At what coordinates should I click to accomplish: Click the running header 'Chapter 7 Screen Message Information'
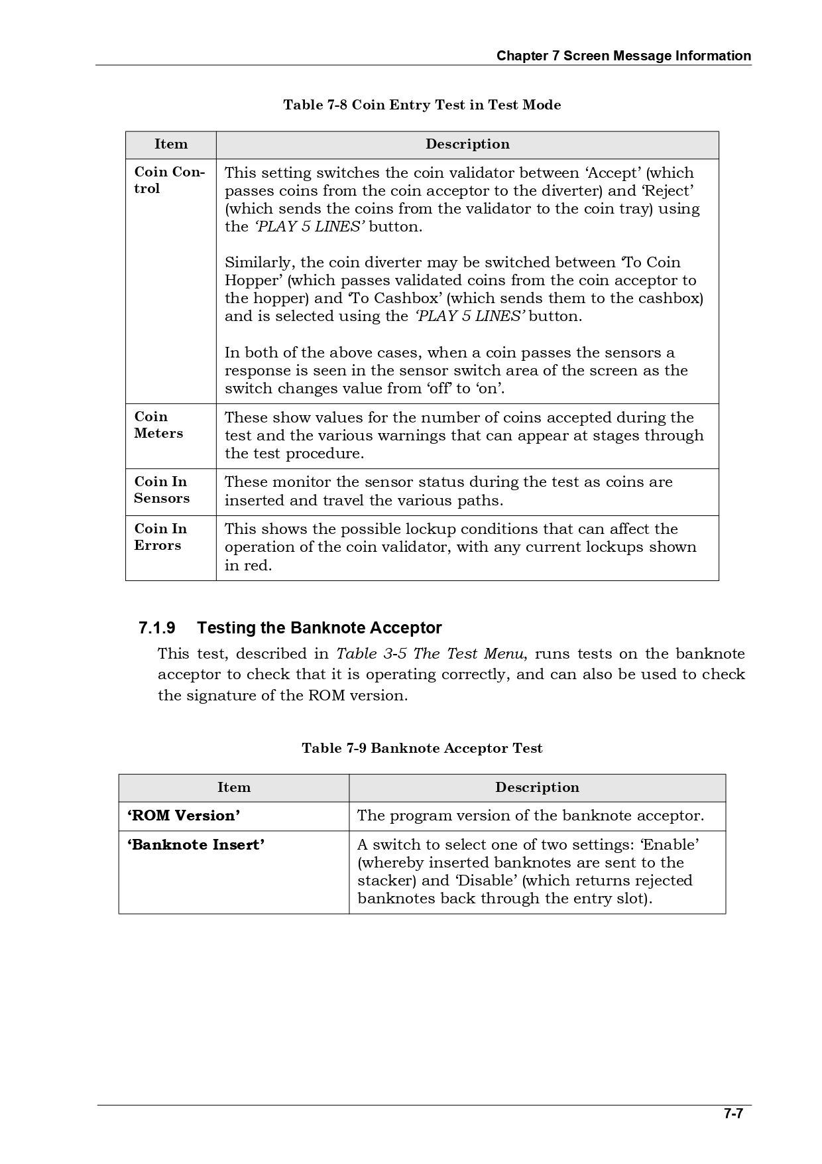point(624,56)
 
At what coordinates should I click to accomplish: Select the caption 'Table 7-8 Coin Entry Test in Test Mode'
point(422,105)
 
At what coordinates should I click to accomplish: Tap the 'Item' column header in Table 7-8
point(171,145)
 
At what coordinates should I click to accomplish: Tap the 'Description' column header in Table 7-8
point(467,145)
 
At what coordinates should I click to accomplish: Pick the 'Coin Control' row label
point(169,180)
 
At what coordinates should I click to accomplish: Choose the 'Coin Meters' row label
point(158,425)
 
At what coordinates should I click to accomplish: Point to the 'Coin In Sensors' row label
point(161,490)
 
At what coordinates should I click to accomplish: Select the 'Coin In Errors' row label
point(160,537)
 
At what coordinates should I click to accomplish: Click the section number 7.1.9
point(157,627)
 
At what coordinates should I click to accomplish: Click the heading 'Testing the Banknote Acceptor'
point(320,627)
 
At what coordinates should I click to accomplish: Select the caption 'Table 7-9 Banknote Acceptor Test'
point(422,748)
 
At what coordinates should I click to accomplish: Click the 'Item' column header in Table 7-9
point(234,788)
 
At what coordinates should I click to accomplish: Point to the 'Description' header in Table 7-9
point(537,788)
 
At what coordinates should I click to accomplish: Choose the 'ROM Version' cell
point(184,816)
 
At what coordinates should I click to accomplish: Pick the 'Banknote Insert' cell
point(196,845)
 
